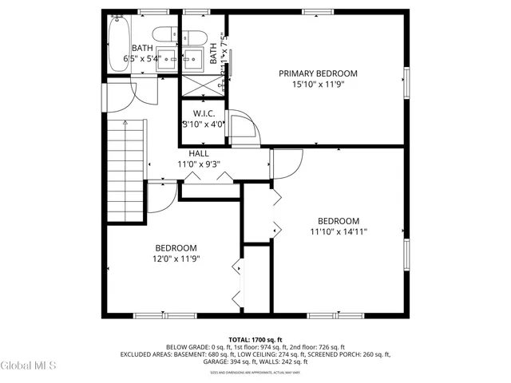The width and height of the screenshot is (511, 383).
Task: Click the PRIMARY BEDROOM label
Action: click(318, 73)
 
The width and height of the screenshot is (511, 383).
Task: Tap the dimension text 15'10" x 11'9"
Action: click(318, 85)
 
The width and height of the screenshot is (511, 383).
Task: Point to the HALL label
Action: click(200, 153)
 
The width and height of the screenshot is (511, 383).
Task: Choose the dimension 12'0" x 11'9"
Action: click(176, 259)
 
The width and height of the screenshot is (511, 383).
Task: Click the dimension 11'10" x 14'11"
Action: click(339, 232)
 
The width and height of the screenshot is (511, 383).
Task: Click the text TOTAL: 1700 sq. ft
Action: click(255, 339)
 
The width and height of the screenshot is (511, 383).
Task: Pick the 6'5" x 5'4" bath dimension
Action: click(142, 58)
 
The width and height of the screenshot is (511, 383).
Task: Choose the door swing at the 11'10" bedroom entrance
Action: click(285, 164)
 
